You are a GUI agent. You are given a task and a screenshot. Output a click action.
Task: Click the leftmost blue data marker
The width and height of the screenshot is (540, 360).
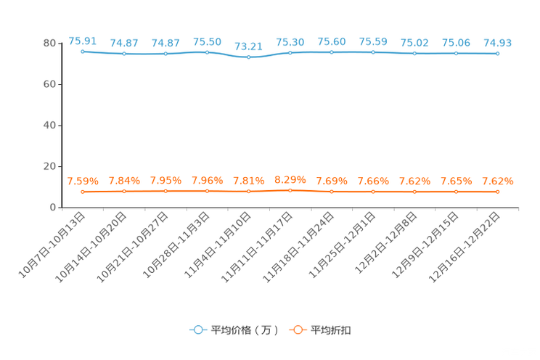point(83,52)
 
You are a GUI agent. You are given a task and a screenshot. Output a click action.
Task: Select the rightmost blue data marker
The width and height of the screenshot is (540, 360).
point(497,54)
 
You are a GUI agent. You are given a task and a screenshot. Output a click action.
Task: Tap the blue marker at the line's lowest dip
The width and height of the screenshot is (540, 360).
point(249,57)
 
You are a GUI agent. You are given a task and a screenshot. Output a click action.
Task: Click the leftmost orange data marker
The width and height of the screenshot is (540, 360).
point(83,192)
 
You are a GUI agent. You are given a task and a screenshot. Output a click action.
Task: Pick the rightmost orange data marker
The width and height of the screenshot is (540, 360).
point(497,192)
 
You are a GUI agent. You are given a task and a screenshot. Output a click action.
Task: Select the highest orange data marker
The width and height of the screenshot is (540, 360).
point(290,191)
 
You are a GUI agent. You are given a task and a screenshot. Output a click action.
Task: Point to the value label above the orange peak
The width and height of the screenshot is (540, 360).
point(290,179)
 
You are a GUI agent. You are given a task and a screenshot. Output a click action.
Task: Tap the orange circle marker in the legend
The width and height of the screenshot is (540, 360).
point(298,330)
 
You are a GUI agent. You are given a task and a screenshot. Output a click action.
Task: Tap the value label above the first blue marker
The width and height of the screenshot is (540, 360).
point(83,41)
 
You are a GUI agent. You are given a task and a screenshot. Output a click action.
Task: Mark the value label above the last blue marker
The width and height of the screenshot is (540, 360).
point(497,43)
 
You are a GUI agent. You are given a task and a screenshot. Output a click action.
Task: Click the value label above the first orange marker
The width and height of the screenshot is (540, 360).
point(83,181)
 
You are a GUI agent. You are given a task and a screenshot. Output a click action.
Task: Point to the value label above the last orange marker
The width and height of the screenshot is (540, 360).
point(497,181)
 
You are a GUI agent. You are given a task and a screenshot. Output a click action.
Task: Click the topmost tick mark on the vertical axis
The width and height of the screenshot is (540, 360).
point(60,43)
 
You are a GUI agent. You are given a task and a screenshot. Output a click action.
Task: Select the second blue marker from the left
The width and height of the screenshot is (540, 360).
point(125,54)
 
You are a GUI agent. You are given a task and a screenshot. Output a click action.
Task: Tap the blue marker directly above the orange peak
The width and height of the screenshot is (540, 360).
point(290,53)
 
